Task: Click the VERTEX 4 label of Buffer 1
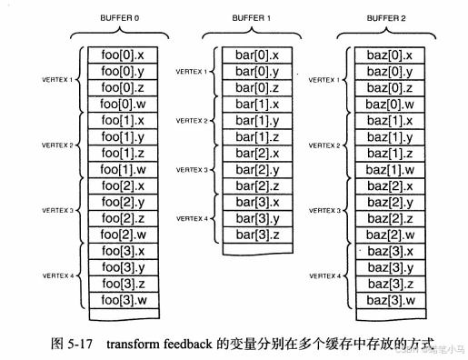pos(193,219)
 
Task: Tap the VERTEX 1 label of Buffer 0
pos(61,80)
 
